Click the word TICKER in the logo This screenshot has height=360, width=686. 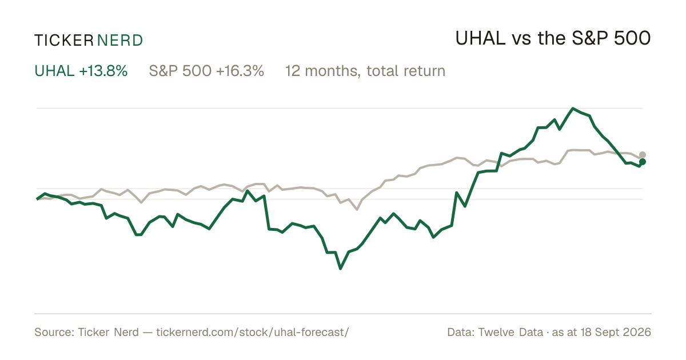pyautogui.click(x=64, y=41)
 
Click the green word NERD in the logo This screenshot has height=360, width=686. pyautogui.click(x=119, y=41)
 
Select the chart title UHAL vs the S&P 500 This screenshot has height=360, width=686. pyautogui.click(x=553, y=38)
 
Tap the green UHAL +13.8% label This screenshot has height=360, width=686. pyautogui.click(x=81, y=71)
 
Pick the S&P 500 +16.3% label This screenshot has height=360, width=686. pyautogui.click(x=206, y=71)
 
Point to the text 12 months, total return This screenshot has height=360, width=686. pyautogui.click(x=365, y=71)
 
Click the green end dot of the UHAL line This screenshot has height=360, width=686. pyautogui.click(x=643, y=162)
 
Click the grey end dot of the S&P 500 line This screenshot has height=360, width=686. pyautogui.click(x=643, y=155)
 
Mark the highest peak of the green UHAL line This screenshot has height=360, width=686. pyautogui.click(x=573, y=109)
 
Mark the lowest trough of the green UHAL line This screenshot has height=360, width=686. pyautogui.click(x=341, y=268)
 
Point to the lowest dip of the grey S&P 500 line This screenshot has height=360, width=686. pyautogui.click(x=357, y=209)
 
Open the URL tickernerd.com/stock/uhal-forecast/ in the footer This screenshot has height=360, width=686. pyautogui.click(x=252, y=332)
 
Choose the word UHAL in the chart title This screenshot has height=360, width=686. pyautogui.click(x=481, y=38)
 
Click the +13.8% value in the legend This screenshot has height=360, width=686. pyautogui.click(x=103, y=71)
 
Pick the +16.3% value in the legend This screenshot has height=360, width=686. pyautogui.click(x=240, y=71)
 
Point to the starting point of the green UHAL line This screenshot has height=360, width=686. pyautogui.click(x=37, y=199)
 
